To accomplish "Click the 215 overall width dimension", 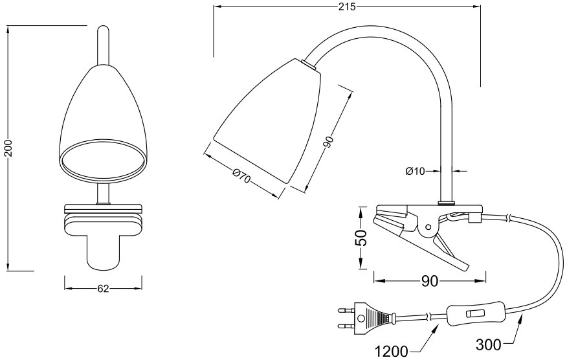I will click(347, 7).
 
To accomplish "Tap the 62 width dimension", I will click(102, 289).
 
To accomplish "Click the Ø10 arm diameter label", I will click(415, 171).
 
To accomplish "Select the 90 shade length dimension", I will click(328, 142).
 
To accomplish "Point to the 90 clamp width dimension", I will click(430, 281).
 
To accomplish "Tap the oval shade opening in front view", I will click(102, 159).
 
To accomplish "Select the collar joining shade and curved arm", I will click(309, 64).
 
